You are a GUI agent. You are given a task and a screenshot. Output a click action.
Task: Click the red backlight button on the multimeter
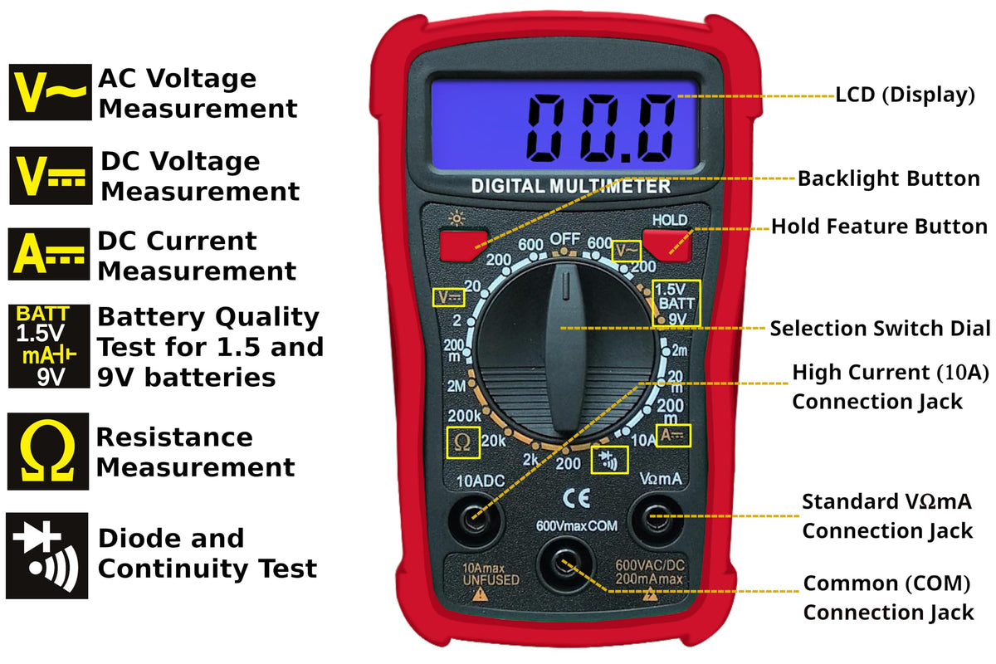point(463,246)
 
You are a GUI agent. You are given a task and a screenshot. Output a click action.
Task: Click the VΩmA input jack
point(656,519)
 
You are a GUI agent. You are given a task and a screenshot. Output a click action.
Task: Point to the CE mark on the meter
point(576,498)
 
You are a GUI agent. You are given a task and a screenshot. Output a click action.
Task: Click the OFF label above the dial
point(564,239)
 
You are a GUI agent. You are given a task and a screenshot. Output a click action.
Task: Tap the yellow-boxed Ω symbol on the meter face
point(463,442)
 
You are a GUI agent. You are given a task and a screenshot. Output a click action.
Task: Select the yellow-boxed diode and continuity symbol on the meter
point(609,460)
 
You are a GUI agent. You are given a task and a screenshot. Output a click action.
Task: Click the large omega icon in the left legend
point(48,452)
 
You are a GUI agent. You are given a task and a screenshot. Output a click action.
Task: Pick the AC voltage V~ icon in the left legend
point(51,92)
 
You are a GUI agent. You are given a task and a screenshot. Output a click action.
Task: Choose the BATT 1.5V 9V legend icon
point(49,346)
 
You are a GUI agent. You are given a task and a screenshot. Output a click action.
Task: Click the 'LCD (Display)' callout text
point(905,95)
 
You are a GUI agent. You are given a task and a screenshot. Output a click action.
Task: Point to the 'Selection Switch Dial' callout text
point(880,329)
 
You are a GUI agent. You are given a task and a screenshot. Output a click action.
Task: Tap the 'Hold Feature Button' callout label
point(879,227)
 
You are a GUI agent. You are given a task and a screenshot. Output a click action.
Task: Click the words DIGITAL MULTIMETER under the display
point(570,186)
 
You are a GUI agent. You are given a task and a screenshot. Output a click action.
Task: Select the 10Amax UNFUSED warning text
point(491,574)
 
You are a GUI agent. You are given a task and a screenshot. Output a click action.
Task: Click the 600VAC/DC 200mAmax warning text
point(649,573)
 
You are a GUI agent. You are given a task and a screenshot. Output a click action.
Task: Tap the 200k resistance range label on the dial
point(464,416)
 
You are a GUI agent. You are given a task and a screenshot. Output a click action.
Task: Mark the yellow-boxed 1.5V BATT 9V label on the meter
point(676,304)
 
